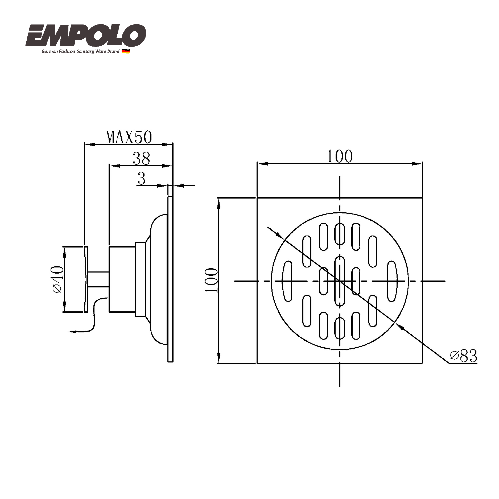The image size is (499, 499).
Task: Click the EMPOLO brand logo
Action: coord(86,35)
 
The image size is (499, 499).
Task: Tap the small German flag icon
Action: coord(126,51)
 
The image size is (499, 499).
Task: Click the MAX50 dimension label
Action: coord(129,137)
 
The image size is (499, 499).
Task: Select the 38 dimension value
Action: coord(141,159)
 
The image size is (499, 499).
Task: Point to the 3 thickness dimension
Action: coord(142,178)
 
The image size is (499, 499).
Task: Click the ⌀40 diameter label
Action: coord(58,279)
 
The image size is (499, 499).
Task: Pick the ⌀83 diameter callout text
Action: coord(464,356)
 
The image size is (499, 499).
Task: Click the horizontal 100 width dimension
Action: coord(340,156)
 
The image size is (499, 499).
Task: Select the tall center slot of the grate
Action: coord(340,281)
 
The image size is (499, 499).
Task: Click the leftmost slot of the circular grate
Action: coord(287,281)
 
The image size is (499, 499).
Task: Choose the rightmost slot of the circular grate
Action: coord(392,281)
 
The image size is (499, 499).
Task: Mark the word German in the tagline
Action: coord(50,51)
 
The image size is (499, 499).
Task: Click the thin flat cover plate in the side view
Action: coord(170,279)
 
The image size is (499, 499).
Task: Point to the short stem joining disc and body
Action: coord(98,279)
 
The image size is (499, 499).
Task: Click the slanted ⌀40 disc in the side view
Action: coord(86,279)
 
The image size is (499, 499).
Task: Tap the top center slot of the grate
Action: coord(340,234)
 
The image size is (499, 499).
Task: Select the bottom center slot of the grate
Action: coord(340,328)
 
